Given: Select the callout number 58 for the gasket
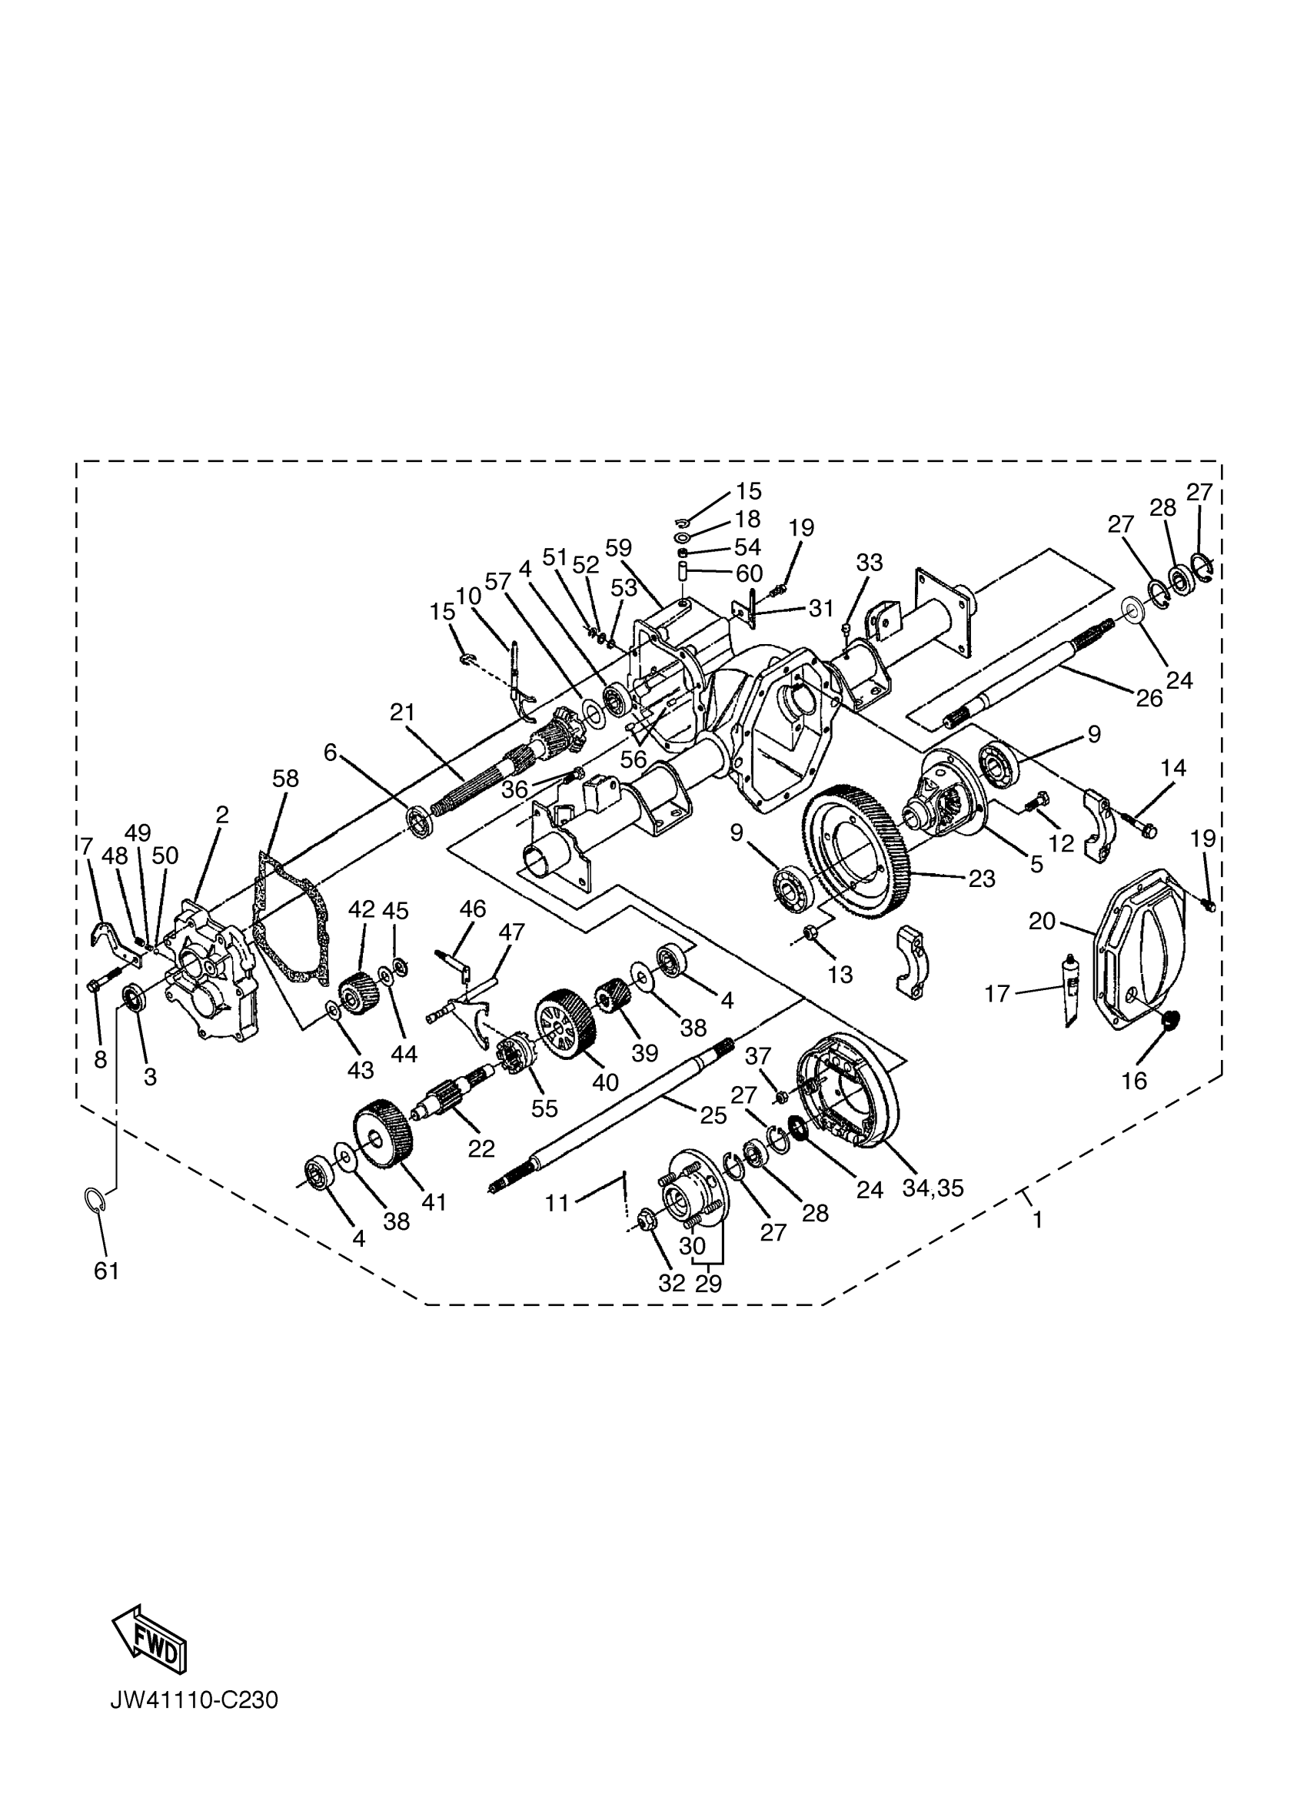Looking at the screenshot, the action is click(x=284, y=778).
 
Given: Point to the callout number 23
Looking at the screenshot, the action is click(x=982, y=878).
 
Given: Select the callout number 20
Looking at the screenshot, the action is click(x=1041, y=921).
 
